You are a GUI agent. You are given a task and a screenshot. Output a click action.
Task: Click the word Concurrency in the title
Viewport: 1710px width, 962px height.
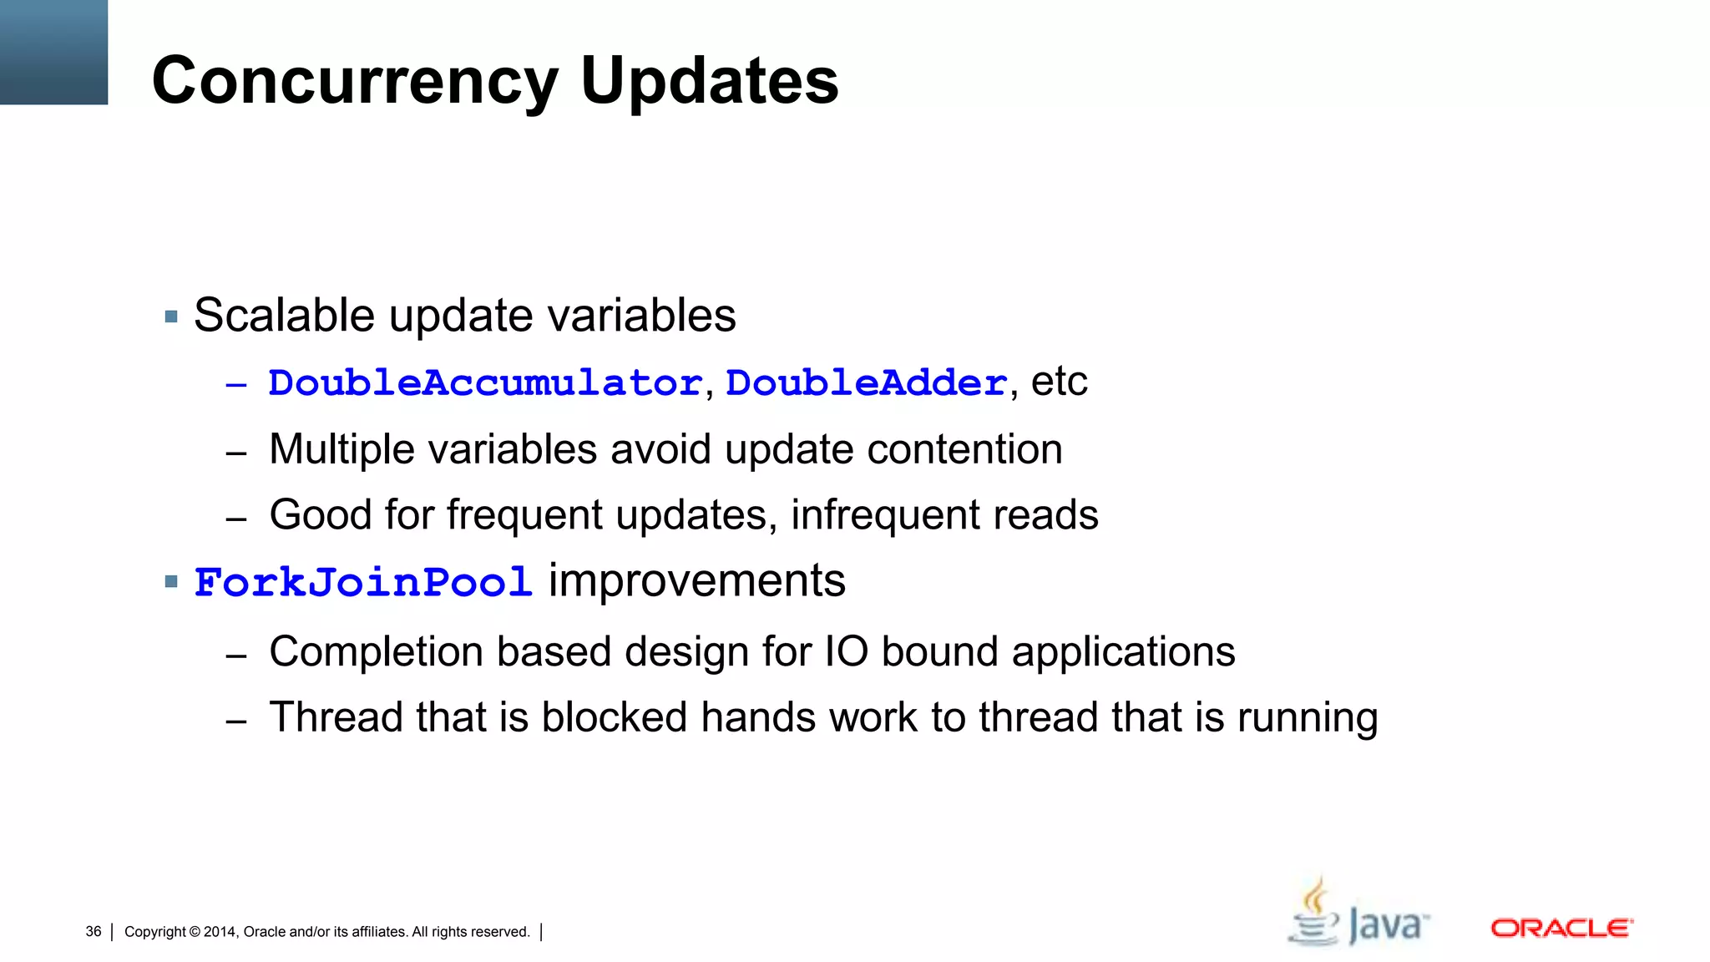[355, 81]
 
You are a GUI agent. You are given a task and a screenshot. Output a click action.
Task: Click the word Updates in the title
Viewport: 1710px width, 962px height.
[709, 81]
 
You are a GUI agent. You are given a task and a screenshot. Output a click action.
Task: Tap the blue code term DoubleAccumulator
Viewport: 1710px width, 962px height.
[485, 383]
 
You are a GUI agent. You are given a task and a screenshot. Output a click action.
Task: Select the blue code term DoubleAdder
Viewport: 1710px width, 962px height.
[867, 383]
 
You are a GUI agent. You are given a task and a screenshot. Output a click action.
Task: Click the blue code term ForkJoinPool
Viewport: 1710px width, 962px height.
[363, 582]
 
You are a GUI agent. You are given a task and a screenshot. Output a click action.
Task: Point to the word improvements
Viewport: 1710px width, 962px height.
[696, 580]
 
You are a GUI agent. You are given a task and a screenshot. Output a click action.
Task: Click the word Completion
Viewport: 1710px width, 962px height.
[376, 651]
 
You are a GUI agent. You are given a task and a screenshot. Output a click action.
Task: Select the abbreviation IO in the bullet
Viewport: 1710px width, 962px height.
[846, 651]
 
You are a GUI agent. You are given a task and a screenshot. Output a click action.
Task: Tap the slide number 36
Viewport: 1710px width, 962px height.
[94, 931]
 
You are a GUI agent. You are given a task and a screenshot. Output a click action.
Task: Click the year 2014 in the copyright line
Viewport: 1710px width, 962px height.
[220, 932]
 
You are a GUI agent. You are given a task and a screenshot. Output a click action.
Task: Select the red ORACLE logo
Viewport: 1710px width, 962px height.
[1561, 929]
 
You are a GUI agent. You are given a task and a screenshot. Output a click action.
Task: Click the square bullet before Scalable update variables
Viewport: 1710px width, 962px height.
[172, 316]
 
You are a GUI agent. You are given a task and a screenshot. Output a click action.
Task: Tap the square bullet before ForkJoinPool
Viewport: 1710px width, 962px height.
[172, 582]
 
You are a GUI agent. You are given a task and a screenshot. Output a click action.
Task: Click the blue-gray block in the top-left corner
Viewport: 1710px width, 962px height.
[53, 52]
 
